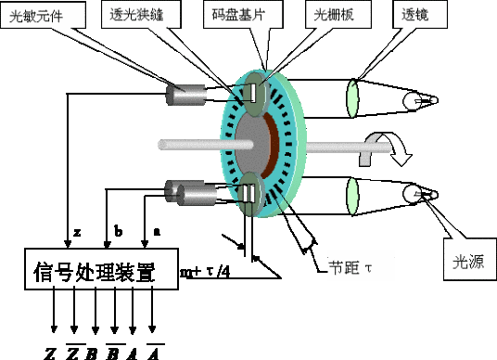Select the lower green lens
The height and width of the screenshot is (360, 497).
point(352,194)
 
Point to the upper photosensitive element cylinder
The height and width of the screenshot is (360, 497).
point(185,94)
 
